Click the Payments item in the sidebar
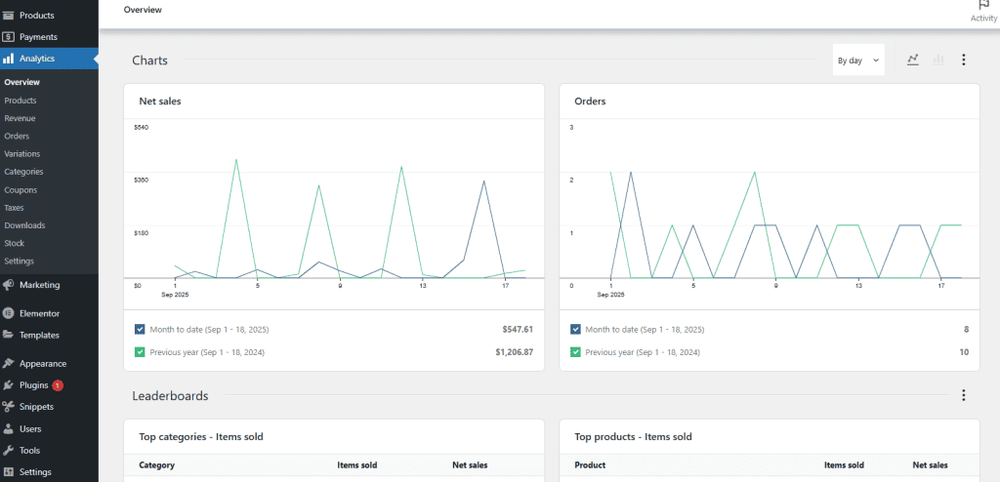click(x=38, y=37)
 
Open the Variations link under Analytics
click(x=22, y=154)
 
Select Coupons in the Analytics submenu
click(x=21, y=189)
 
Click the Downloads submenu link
click(x=24, y=225)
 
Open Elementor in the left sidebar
click(x=39, y=313)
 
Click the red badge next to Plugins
click(x=58, y=385)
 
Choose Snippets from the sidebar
click(x=36, y=407)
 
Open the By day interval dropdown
click(x=858, y=60)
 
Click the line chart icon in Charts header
click(x=913, y=60)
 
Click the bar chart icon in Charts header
click(x=938, y=60)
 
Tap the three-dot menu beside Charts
click(x=964, y=60)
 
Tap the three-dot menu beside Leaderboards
click(x=964, y=395)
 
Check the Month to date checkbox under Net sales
click(x=140, y=330)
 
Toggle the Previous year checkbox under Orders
click(x=575, y=352)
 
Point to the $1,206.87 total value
click(x=514, y=352)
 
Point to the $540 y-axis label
click(x=141, y=128)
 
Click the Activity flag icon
click(x=983, y=5)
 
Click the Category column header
click(x=156, y=465)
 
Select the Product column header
click(x=590, y=465)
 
